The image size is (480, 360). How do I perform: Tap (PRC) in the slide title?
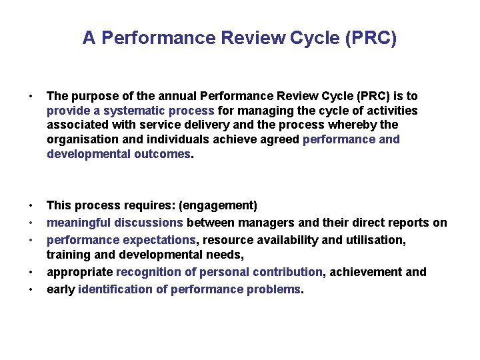(371, 38)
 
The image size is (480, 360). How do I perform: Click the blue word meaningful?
(79, 223)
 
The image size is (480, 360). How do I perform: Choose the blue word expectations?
(158, 239)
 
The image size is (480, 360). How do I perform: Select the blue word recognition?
(149, 272)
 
